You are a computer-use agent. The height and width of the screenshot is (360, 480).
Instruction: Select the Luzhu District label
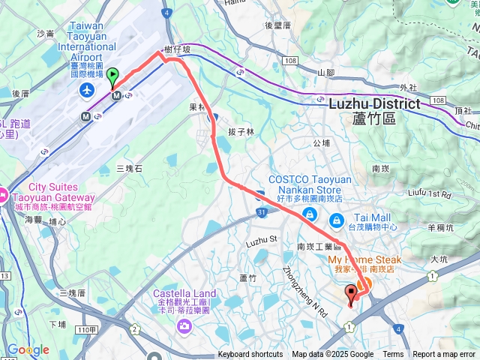374,104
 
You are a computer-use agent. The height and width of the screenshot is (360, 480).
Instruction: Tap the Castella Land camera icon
184,325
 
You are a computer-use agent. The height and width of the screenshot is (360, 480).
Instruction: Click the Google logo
28,350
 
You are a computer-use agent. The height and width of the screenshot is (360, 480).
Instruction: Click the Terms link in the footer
393,355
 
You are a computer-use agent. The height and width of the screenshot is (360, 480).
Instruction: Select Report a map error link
444,355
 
